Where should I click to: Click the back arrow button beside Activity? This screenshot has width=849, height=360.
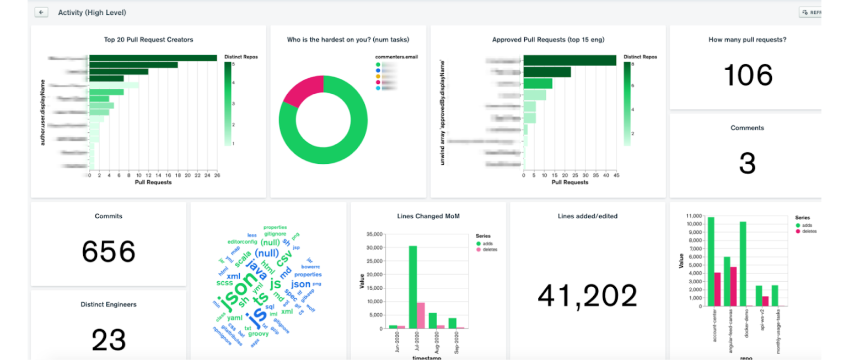(x=41, y=12)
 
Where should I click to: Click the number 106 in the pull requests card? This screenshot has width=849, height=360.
(x=748, y=75)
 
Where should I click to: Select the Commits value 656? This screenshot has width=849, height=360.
(x=109, y=252)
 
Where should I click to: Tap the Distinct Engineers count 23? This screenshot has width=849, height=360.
(x=109, y=340)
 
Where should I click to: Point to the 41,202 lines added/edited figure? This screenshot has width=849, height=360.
(x=587, y=296)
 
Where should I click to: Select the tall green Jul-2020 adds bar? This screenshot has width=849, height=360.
(x=412, y=287)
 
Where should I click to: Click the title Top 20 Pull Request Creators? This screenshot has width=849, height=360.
(x=148, y=40)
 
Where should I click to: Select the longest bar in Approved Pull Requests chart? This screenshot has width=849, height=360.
(x=569, y=60)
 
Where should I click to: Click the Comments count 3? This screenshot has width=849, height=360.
(x=747, y=164)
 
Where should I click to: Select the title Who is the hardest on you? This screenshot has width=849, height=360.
(x=348, y=40)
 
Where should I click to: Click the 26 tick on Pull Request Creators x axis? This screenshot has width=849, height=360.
(x=217, y=175)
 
